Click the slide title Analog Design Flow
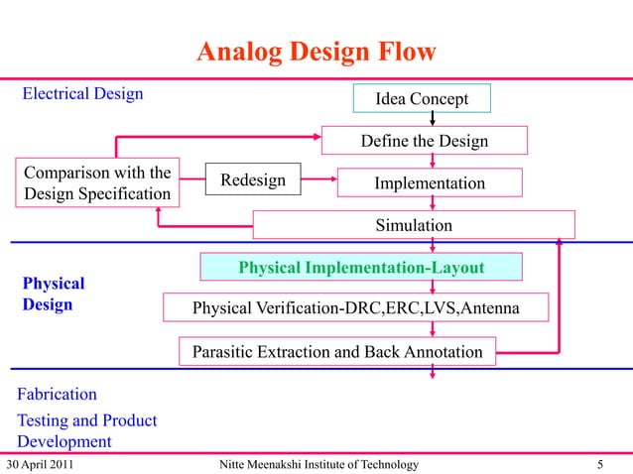pyautogui.click(x=316, y=52)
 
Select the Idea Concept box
pyautogui.click(x=421, y=99)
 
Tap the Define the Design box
pyautogui.click(x=424, y=142)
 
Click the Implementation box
pyautogui.click(x=429, y=183)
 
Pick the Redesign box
pyautogui.click(x=252, y=180)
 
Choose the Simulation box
pyautogui.click(x=413, y=225)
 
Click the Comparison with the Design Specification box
pyautogui.click(x=97, y=181)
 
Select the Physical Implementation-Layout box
pyautogui.click(x=361, y=268)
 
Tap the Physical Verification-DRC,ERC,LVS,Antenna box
pyautogui.click(x=354, y=308)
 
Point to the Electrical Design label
pyautogui.click(x=82, y=94)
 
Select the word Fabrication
pyautogui.click(x=57, y=394)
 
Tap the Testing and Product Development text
pyautogui.click(x=86, y=430)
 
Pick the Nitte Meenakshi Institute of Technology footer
pyautogui.click(x=316, y=464)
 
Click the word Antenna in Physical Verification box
pyautogui.click(x=486, y=308)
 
